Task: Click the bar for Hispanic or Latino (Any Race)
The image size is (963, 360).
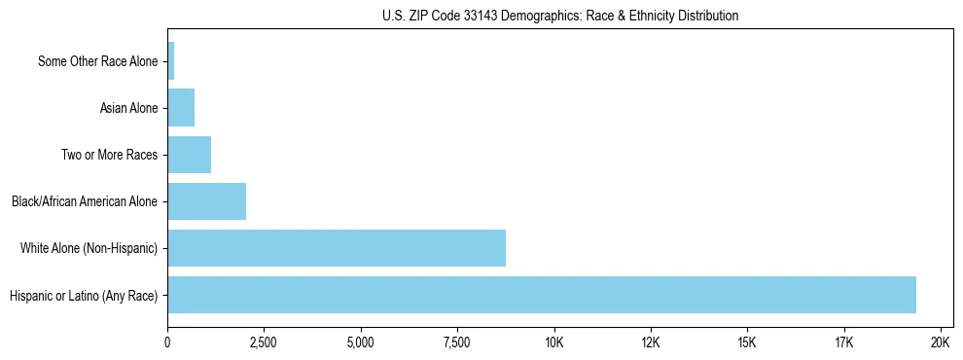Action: [x=542, y=295]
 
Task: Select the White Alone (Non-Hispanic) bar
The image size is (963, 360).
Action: [x=337, y=248]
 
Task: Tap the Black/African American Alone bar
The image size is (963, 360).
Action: [x=206, y=201]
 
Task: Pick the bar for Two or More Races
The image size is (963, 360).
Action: [x=189, y=155]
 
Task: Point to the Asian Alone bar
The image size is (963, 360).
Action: [x=181, y=108]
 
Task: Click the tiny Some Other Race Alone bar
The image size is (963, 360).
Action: [x=171, y=61]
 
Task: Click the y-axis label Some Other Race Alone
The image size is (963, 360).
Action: [x=97, y=61]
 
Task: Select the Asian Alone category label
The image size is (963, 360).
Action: [x=128, y=108]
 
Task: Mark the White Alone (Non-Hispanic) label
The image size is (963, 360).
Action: [x=89, y=248]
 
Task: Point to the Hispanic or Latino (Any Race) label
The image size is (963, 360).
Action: [x=83, y=295]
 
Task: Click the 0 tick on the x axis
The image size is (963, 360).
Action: [x=168, y=342]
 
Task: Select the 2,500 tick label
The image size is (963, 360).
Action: [x=265, y=342]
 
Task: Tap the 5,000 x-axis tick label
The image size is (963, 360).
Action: [x=361, y=342]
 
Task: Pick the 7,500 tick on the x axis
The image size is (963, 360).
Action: [x=457, y=342]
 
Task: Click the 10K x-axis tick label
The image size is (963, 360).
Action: [x=554, y=342]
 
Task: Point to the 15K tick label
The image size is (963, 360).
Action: [x=747, y=342]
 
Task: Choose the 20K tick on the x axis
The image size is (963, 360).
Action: [x=941, y=342]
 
